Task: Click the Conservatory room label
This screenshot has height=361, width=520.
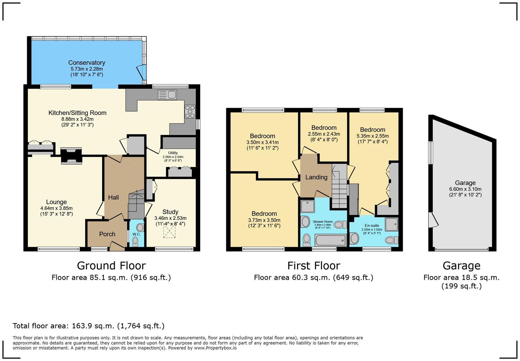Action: pyautogui.click(x=86, y=63)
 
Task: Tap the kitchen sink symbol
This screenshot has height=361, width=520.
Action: pyautogui.click(x=167, y=95)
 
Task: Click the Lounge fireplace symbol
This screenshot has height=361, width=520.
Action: pyautogui.click(x=71, y=155)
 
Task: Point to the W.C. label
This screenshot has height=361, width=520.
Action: pyautogui.click(x=137, y=234)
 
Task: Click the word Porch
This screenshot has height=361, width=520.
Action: pyautogui.click(x=107, y=234)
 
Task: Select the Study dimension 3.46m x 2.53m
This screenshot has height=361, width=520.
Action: pyautogui.click(x=170, y=218)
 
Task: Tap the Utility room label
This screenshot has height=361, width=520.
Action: pyautogui.click(x=173, y=153)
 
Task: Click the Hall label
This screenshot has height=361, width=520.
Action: pyautogui.click(x=113, y=197)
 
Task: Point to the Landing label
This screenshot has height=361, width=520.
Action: pyautogui.click(x=316, y=177)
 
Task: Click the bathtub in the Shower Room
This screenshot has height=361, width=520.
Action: pyautogui.click(x=331, y=240)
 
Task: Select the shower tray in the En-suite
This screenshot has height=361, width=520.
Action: pyautogui.click(x=391, y=224)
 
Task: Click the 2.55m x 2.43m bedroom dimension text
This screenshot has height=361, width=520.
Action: pyautogui.click(x=324, y=134)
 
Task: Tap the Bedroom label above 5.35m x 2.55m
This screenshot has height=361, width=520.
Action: pyautogui.click(x=372, y=130)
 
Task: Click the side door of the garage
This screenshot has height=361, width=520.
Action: pyautogui.click(x=432, y=220)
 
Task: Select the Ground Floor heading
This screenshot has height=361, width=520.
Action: pyautogui.click(x=111, y=266)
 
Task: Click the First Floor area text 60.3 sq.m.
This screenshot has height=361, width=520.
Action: pyautogui.click(x=313, y=277)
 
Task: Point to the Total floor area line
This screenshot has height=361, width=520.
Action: pyautogui.click(x=88, y=326)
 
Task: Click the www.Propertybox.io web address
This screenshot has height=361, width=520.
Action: pyautogui.click(x=215, y=348)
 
